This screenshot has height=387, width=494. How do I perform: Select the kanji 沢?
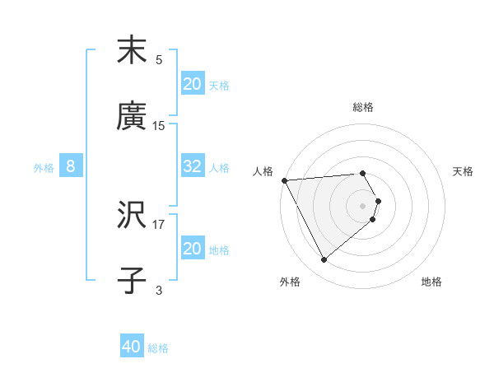[132, 216]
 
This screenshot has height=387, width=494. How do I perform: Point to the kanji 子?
[132, 281]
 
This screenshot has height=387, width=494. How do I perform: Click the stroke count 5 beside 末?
[159, 60]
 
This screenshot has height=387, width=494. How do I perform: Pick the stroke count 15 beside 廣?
[159, 126]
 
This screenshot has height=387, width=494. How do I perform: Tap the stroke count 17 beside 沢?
[159, 223]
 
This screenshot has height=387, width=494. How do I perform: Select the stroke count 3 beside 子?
[159, 290]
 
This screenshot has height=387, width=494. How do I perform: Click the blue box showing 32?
[192, 167]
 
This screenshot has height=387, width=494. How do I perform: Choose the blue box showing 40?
[132, 347]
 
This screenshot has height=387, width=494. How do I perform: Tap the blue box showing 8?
[71, 167]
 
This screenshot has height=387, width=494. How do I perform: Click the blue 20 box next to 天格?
[192, 84]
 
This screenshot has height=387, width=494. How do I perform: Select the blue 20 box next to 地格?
[192, 249]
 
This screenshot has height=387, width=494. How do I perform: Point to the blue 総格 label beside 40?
[158, 348]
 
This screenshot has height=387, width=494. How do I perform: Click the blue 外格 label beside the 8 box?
[44, 168]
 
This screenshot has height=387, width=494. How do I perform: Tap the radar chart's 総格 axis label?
[363, 107]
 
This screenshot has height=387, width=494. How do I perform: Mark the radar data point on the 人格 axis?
[284, 180]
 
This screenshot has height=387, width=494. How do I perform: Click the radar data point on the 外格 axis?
[324, 260]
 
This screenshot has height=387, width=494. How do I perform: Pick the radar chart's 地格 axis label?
[431, 282]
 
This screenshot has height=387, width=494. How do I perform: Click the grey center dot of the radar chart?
[363, 205]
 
